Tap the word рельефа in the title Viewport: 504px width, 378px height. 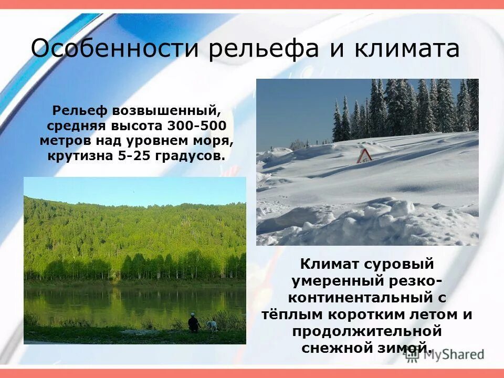coord(263,49)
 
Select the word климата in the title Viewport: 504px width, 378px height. coord(406,49)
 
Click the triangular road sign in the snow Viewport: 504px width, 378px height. coord(364,156)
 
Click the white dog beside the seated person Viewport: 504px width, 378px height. coord(211,325)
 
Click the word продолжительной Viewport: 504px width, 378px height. coord(366,331)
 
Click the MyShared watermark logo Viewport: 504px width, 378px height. coord(444,354)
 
